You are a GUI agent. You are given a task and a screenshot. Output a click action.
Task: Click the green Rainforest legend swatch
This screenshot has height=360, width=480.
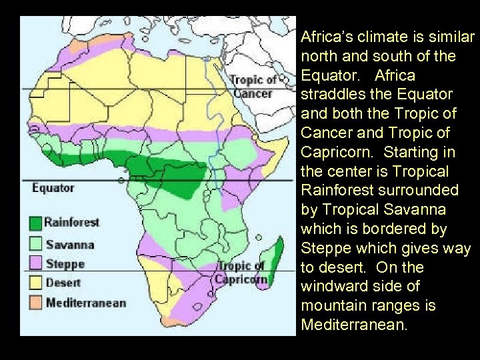[x=35, y=222]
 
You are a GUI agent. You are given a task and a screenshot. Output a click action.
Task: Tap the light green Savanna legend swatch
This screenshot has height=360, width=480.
[x=35, y=244]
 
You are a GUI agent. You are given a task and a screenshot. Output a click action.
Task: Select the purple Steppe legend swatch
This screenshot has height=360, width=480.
[x=35, y=263]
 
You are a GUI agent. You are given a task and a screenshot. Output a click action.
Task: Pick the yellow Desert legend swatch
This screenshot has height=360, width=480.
[x=35, y=283]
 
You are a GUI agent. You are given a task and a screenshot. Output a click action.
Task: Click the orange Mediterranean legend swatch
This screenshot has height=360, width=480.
[x=35, y=303]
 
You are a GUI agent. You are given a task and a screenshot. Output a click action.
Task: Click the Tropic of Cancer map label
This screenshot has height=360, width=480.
[x=251, y=87]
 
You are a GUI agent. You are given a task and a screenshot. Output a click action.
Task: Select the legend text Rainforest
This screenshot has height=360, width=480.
[x=72, y=222]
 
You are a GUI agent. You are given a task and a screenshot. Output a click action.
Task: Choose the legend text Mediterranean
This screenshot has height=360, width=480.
[x=86, y=303]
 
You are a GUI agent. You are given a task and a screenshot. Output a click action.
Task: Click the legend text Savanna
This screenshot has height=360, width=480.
[x=69, y=244]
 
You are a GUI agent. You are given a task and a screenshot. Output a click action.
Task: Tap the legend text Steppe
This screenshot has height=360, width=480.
[x=65, y=263]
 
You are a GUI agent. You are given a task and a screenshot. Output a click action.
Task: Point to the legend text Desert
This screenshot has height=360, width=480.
[x=63, y=283]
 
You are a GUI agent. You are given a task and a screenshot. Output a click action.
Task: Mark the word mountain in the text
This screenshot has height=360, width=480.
[x=333, y=307]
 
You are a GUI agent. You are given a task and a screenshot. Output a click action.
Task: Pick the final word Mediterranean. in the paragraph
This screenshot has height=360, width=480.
[x=353, y=325]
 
